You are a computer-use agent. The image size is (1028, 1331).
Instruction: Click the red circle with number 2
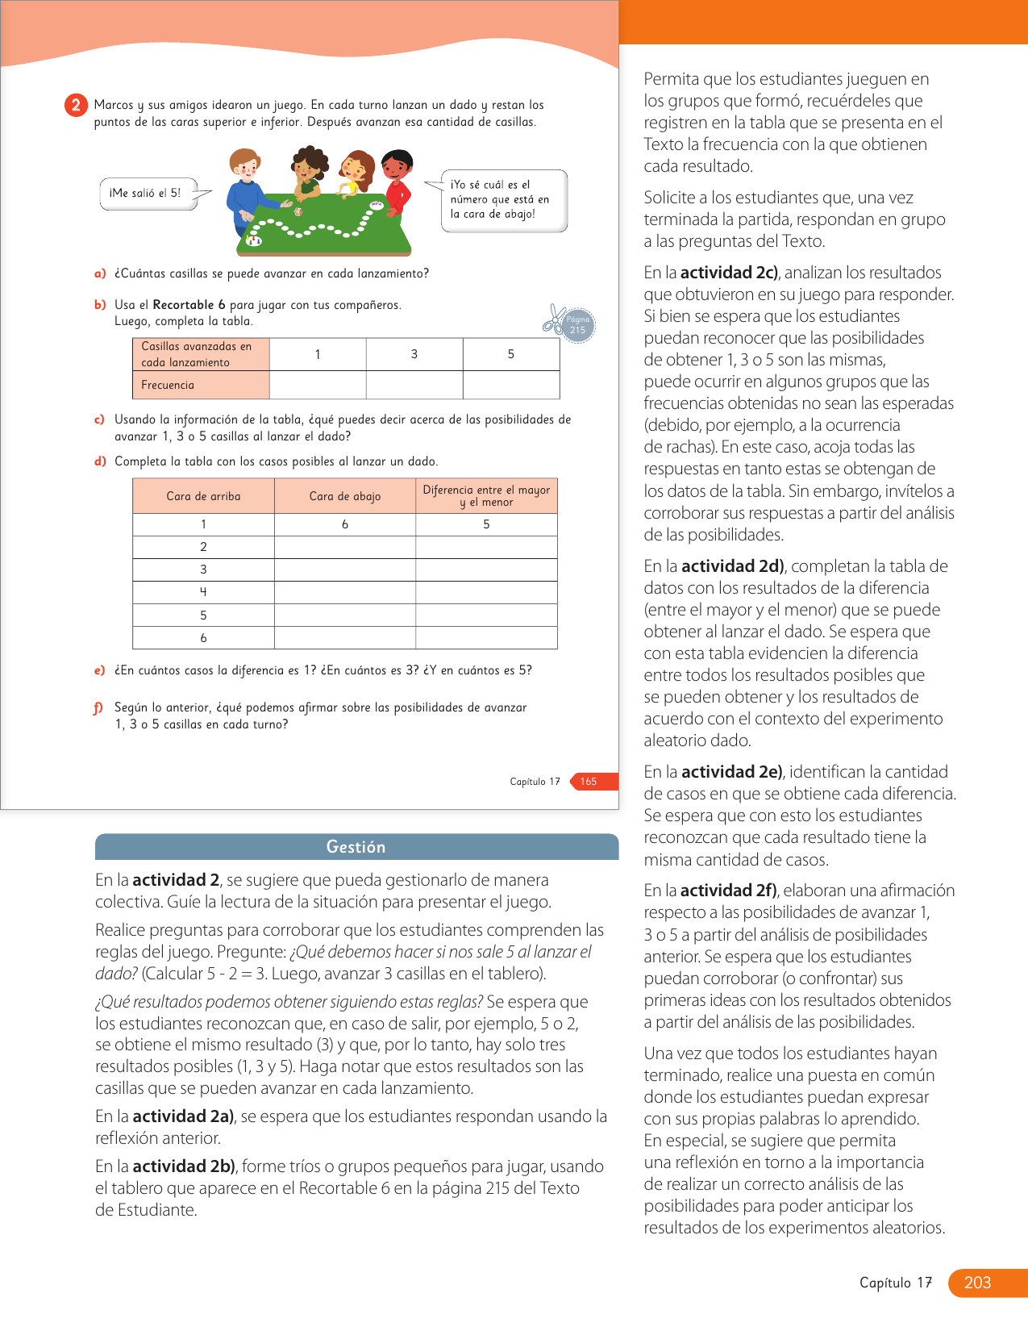coord(75,105)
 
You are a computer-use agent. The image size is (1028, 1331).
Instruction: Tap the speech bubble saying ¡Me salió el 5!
coord(148,194)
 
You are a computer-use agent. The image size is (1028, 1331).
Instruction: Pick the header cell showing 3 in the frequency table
coord(414,354)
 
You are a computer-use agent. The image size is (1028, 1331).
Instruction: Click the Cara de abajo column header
coord(345,496)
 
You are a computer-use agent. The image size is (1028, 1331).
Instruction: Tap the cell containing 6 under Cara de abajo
coord(345,524)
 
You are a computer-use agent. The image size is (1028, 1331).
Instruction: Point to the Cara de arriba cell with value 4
coord(203,592)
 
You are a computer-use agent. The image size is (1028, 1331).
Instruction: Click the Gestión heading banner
coord(356,847)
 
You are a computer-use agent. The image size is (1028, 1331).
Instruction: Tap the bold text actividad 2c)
coord(729,273)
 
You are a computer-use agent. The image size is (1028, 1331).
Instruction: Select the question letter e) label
coord(100,670)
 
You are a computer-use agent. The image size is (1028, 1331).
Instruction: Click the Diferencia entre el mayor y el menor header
coord(486,496)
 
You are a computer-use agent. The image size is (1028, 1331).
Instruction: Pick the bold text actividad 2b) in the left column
coord(184,1166)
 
